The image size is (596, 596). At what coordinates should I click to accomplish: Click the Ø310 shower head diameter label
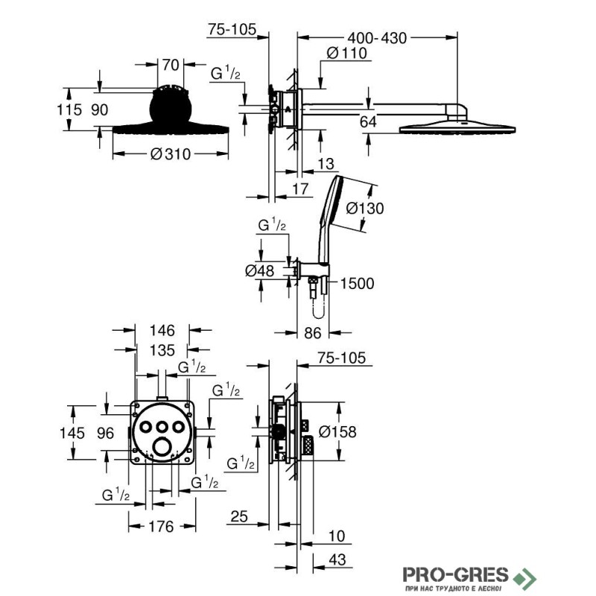[171, 154]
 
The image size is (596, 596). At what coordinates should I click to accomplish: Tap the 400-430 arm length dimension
[377, 38]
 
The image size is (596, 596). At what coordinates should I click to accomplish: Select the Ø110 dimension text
[347, 53]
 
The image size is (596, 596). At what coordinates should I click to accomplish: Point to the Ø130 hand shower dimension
[365, 209]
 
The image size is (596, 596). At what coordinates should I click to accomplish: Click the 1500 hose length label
[357, 284]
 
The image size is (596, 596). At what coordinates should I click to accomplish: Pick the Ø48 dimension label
[259, 270]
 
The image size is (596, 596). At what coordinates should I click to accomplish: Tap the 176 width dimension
[162, 527]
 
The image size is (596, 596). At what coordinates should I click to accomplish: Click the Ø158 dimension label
[337, 432]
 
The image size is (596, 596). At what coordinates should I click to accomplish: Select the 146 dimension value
[162, 330]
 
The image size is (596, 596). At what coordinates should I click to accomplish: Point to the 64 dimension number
[368, 122]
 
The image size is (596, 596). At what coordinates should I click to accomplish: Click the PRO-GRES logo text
[455, 574]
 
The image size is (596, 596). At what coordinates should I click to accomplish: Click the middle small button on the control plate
[162, 427]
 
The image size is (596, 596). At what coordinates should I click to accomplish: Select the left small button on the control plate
[145, 427]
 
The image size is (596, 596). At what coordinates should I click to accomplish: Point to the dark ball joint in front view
[171, 107]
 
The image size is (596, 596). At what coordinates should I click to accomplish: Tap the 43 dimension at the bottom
[337, 559]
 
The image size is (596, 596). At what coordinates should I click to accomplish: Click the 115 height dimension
[69, 110]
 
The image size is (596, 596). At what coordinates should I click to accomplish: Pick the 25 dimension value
[239, 516]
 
